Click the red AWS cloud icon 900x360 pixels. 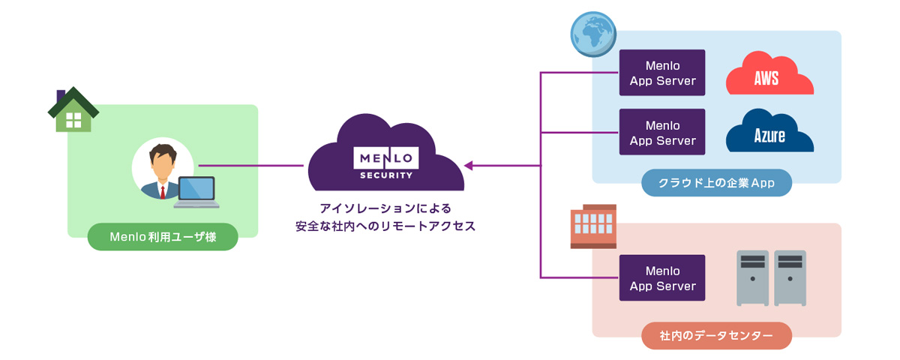[x=769, y=75]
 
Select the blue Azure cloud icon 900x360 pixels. [x=769, y=133]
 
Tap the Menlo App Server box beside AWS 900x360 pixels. [x=662, y=73]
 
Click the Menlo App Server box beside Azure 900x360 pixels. [x=662, y=132]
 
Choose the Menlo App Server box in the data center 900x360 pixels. [x=662, y=277]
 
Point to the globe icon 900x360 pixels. [x=592, y=34]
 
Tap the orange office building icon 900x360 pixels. [x=593, y=226]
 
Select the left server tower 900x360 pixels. [x=752, y=277]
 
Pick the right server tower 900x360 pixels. [x=790, y=277]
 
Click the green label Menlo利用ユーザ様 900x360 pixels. [x=163, y=237]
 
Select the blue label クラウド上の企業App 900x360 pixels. [x=716, y=183]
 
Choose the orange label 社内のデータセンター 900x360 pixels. [x=716, y=335]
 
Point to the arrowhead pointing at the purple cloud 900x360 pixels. [x=469, y=165]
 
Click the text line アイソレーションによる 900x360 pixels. [x=385, y=208]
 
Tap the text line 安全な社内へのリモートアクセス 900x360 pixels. [x=385, y=226]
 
